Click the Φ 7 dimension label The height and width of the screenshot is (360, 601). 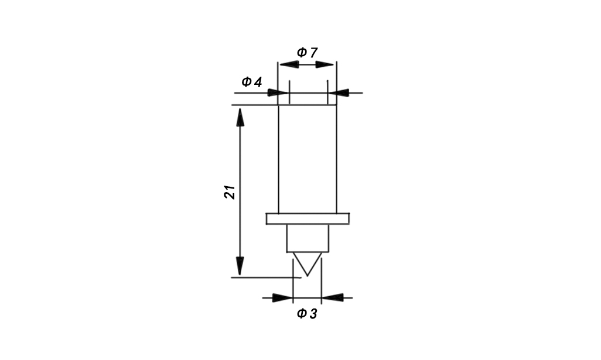[307, 53]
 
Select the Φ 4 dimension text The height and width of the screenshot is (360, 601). [252, 81]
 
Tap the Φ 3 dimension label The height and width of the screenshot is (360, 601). [307, 314]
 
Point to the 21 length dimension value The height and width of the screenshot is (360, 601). [230, 192]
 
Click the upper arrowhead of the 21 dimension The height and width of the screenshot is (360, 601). [240, 117]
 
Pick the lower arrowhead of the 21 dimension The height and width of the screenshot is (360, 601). [240, 266]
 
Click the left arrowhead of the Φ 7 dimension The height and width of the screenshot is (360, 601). [289, 64]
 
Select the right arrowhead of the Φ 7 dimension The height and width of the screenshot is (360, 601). [325, 64]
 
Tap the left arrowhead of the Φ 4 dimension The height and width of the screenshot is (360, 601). [278, 92]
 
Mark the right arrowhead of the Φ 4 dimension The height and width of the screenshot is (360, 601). [339, 92]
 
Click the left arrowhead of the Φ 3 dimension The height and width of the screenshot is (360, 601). [282, 297]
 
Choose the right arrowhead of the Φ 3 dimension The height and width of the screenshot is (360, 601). [332, 297]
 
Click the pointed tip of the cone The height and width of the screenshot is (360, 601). [308, 276]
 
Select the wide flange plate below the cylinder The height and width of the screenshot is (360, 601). [308, 219]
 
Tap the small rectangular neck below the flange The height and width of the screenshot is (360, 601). [308, 238]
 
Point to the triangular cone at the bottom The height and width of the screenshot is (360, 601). [308, 262]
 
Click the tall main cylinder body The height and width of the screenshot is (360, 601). [308, 159]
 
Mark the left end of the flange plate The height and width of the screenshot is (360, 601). [267, 219]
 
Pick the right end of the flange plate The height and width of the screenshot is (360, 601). [349, 219]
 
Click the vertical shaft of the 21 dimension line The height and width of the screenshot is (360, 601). [240, 191]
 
